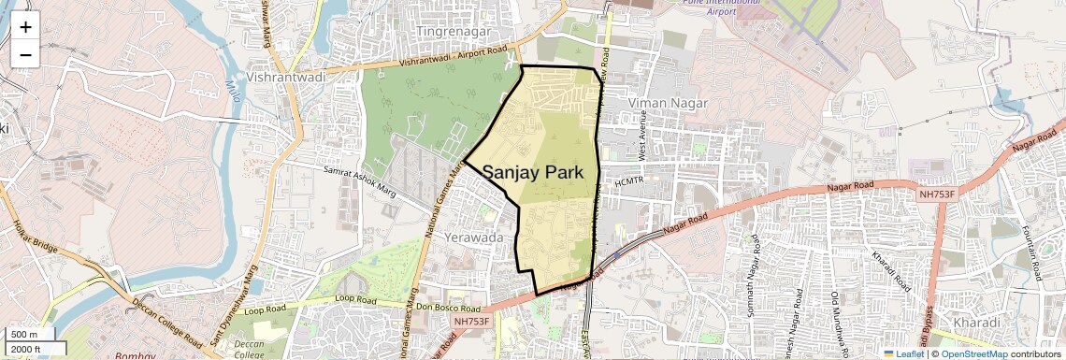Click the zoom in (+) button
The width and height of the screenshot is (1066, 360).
point(25,26)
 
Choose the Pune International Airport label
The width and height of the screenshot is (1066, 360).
point(708,7)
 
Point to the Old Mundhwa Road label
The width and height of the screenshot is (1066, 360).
point(835,316)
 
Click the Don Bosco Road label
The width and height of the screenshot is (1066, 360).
point(447,307)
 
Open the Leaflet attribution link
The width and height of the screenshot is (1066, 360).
point(903,353)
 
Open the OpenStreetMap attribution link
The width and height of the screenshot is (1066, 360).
point(973,353)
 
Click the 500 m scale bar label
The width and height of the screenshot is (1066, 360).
point(24,335)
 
